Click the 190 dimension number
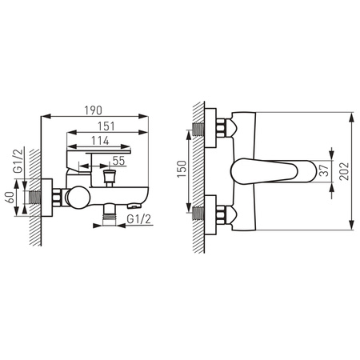tap(93, 110)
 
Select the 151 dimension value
tap(106, 126)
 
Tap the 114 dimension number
tap(100, 141)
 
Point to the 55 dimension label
tap(118, 161)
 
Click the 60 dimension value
tap(10, 198)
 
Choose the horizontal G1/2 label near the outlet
tap(139, 219)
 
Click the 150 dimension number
tap(182, 169)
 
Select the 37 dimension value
tap(324, 171)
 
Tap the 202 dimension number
tap(344, 171)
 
